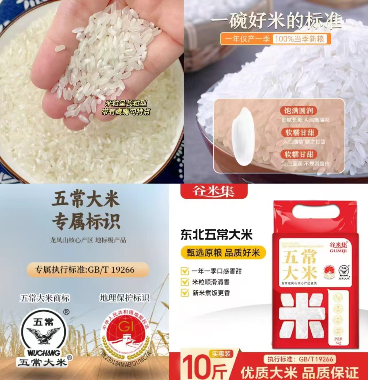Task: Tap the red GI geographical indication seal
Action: pos(126,333)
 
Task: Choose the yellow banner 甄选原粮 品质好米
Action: pos(223,253)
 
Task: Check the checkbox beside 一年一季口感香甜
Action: pos(184,271)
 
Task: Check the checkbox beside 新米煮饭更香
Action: pos(184,293)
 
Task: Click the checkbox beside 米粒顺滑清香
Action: pos(184,282)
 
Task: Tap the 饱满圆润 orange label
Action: pos(298,111)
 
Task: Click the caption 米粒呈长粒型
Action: pos(126,103)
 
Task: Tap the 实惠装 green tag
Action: pos(221,354)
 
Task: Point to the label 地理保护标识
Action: pos(124,298)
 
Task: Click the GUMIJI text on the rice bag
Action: pos(338,251)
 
